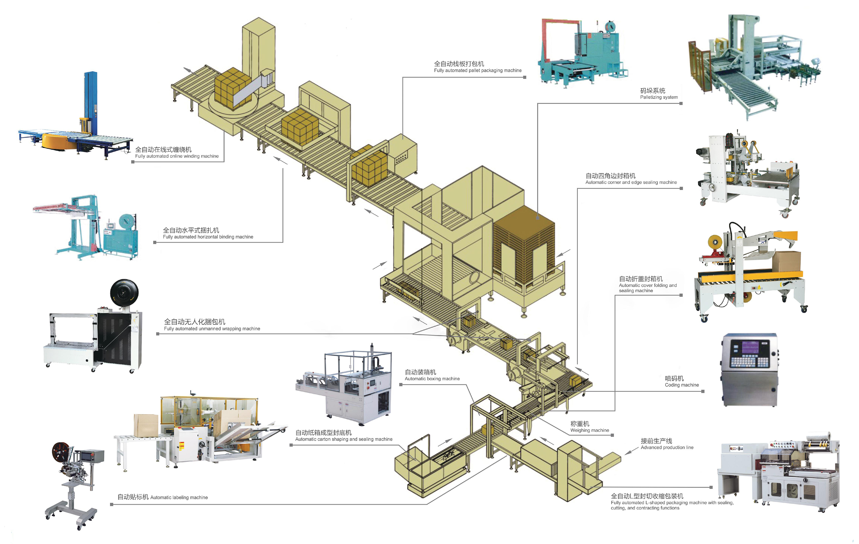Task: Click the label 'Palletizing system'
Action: [659, 97]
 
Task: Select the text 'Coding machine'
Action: [681, 385]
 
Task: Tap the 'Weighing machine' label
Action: [589, 430]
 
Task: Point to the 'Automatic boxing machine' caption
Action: [432, 379]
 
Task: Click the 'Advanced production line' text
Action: [667, 447]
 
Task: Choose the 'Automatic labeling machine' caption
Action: [179, 497]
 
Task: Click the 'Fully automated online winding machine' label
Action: [177, 156]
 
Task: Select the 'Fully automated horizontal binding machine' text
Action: [208, 237]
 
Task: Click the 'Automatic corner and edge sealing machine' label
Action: [631, 182]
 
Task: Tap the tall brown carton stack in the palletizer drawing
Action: [524, 246]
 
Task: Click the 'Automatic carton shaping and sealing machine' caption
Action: [344, 439]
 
